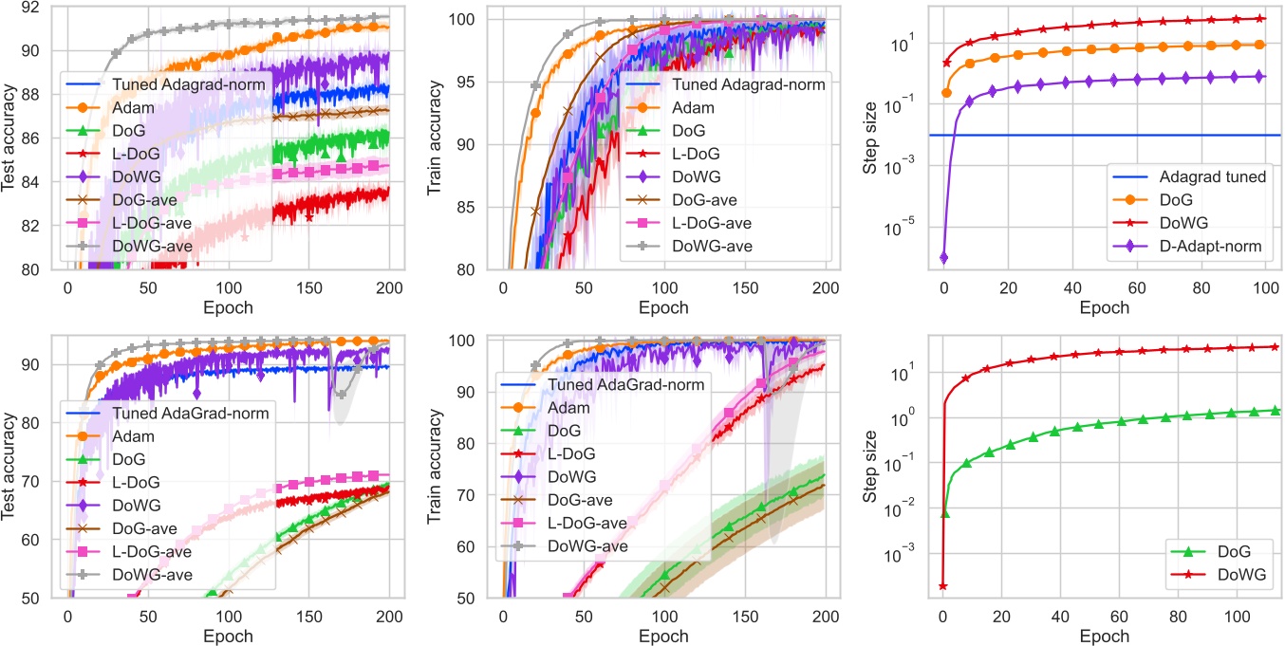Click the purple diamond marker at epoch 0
click(943, 257)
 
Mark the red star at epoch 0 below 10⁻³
click(942, 586)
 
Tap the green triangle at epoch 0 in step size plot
click(944, 513)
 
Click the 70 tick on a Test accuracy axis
click(27, 482)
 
